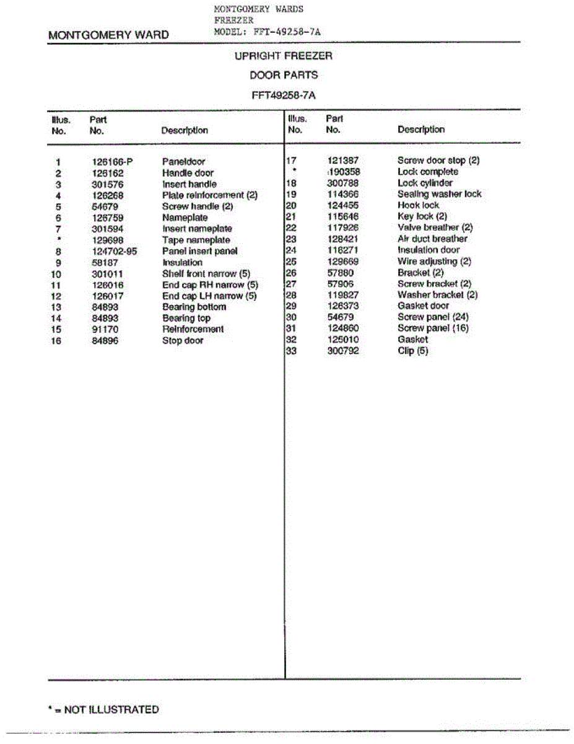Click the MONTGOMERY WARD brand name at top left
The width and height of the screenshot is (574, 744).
pos(108,35)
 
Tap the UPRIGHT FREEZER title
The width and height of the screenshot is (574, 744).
pos(284,56)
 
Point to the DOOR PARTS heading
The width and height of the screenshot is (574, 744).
pos(284,75)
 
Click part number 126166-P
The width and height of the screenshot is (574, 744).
pos(112,162)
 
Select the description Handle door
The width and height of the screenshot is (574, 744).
pos(188,173)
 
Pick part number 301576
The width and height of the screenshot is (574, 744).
pos(107,184)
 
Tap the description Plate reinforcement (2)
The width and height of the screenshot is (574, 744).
pos(210,195)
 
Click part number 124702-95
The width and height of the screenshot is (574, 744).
pos(115,251)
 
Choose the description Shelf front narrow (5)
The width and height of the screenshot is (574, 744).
pos(206,273)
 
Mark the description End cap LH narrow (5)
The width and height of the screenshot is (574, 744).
pos(209,296)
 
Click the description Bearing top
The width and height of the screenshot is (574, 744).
pos(186,318)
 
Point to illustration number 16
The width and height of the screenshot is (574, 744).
pos(56,340)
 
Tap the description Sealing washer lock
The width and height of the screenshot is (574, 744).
pos(439,194)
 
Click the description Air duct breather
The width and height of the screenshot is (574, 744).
pos(432,239)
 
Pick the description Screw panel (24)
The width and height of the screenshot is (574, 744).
pos(433,317)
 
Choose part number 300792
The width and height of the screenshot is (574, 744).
pos(342,351)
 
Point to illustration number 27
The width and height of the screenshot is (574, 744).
pos(291,283)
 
